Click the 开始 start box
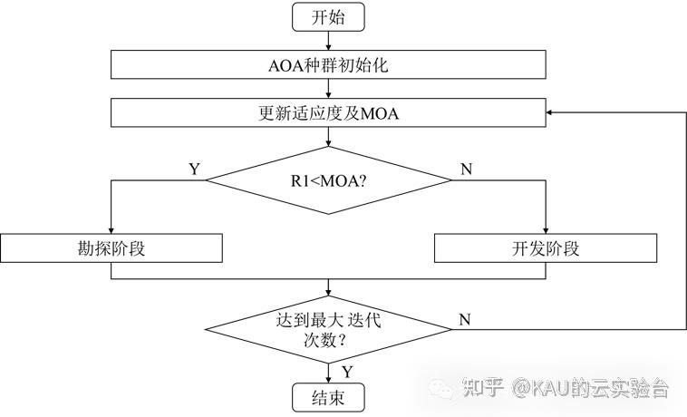pyautogui.click(x=327, y=16)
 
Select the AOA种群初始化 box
pyautogui.click(x=327, y=64)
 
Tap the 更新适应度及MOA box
pyautogui.click(x=327, y=113)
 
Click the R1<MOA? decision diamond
pyautogui.click(x=327, y=179)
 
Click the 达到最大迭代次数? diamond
pyautogui.click(x=327, y=329)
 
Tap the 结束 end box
pyautogui.click(x=327, y=397)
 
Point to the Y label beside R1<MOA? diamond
pyautogui.click(x=193, y=169)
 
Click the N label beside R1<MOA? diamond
pyautogui.click(x=466, y=169)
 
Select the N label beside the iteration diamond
pyautogui.click(x=464, y=319)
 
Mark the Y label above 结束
pyautogui.click(x=346, y=371)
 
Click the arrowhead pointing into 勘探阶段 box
pyautogui.click(x=110, y=230)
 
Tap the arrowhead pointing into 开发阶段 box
pyautogui.click(x=545, y=230)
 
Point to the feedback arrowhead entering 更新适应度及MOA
pyautogui.click(x=551, y=113)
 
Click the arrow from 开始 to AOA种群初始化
pyautogui.click(x=327, y=40)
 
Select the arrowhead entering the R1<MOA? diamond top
pyautogui.click(x=327, y=142)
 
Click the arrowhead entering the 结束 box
pyautogui.click(x=327, y=379)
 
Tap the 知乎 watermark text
pyautogui.click(x=482, y=389)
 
